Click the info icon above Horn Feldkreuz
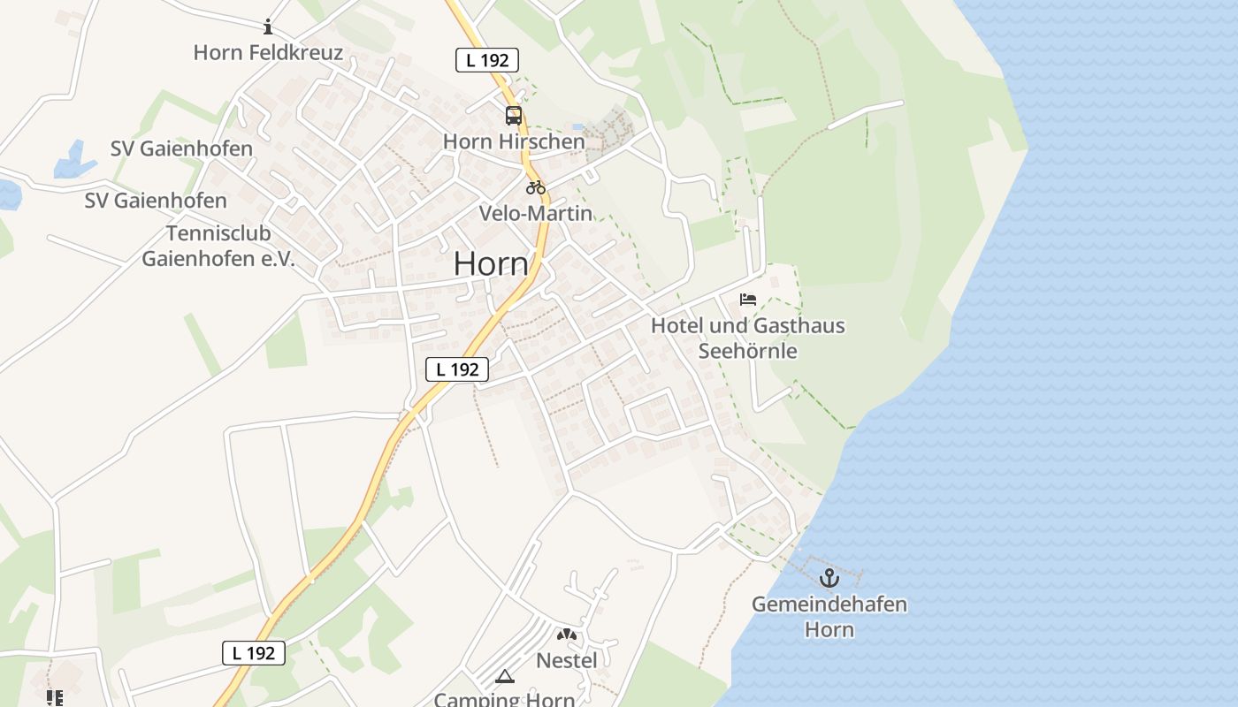tap(269, 27)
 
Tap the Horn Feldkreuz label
tap(268, 53)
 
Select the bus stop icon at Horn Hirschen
tap(514, 116)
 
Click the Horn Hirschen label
tap(514, 141)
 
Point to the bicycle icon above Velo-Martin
tap(535, 187)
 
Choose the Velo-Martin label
tap(535, 213)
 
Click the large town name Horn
tap(491, 263)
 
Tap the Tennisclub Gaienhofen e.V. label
tap(218, 247)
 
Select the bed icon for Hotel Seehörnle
tap(748, 300)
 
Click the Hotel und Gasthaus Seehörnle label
tap(748, 338)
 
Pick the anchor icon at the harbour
tap(829, 579)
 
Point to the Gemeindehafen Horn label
tap(829, 617)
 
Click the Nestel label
tap(567, 660)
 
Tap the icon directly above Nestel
tap(567, 635)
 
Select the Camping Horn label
tap(504, 699)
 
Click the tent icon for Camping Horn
tap(504, 677)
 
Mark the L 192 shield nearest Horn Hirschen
tap(487, 60)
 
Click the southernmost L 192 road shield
tap(254, 653)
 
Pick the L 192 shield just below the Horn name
tap(457, 369)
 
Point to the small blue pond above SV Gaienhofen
tap(75, 160)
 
